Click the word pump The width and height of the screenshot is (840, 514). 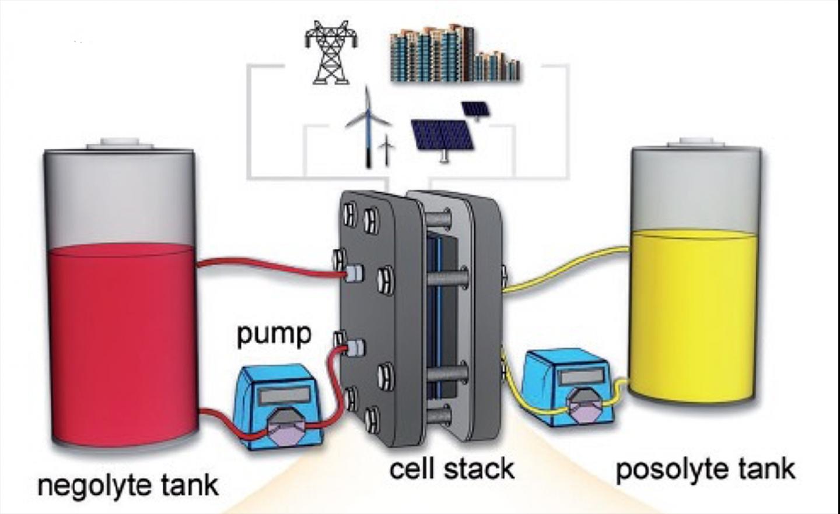pyautogui.click(x=274, y=335)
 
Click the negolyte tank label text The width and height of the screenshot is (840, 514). pyautogui.click(x=128, y=485)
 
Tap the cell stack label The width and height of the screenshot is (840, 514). pyautogui.click(x=452, y=468)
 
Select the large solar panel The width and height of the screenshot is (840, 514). pyautogui.click(x=442, y=136)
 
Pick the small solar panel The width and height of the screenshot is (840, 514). pyautogui.click(x=475, y=110)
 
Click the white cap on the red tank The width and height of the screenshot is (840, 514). pyautogui.click(x=120, y=143)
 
